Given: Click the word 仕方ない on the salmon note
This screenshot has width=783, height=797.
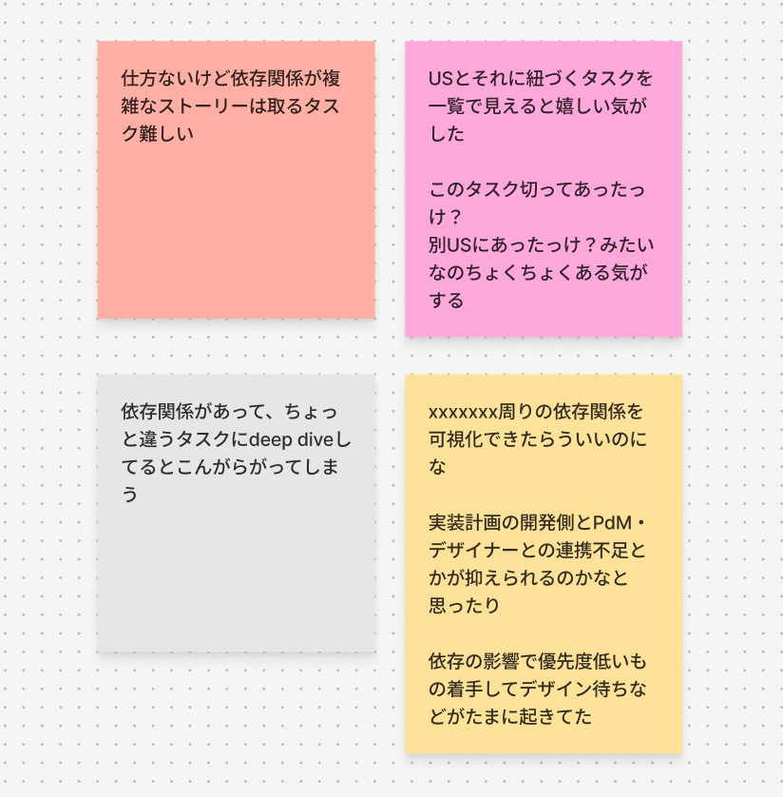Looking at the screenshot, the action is (x=155, y=78).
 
